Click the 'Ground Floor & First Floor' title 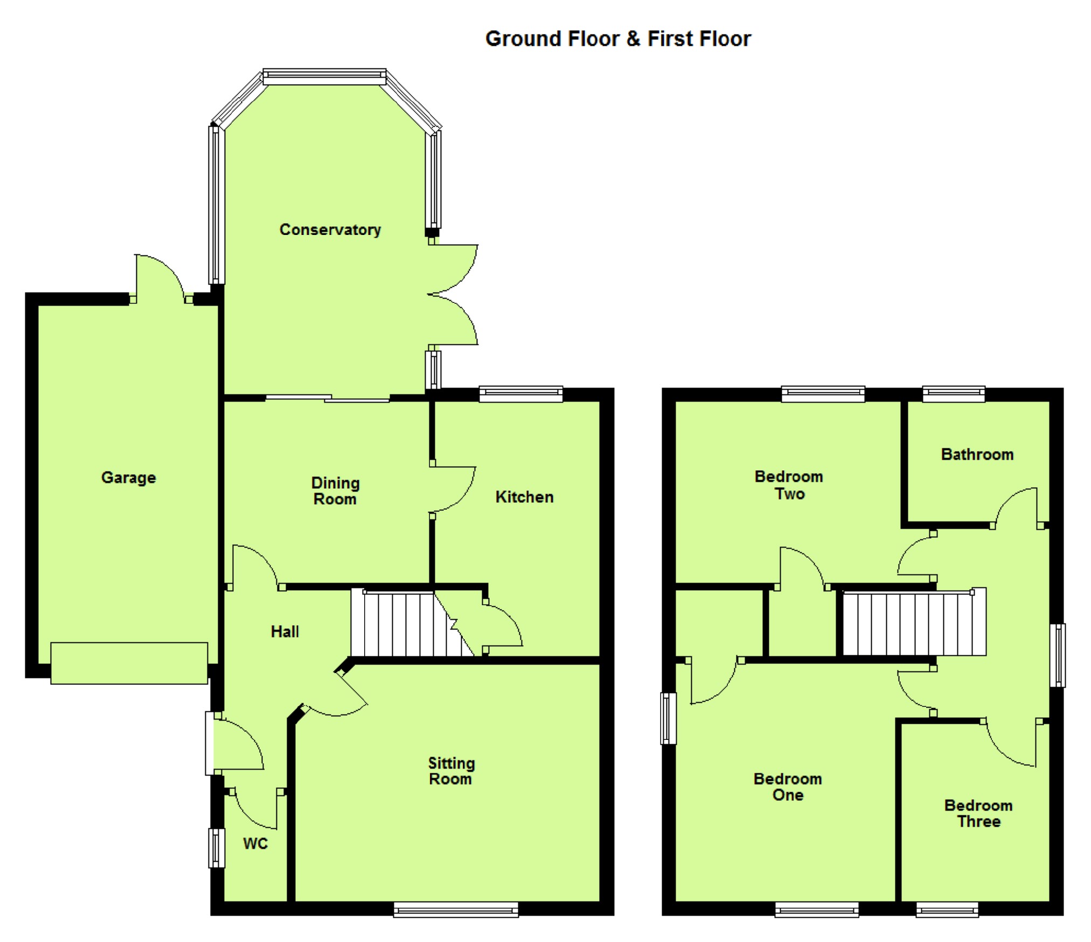[618, 39]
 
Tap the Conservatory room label [330, 230]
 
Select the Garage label [129, 477]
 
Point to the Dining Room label [335, 490]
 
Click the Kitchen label [524, 497]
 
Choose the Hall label [284, 632]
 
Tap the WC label [255, 843]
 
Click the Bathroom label [977, 454]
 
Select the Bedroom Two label [789, 485]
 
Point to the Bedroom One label [788, 787]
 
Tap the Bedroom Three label [978, 813]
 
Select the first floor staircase [914, 622]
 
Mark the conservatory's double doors [453, 295]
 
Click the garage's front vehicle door [129, 663]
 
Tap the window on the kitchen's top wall [521, 394]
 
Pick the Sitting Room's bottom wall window [456, 910]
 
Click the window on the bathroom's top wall [954, 394]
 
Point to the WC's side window [217, 848]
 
